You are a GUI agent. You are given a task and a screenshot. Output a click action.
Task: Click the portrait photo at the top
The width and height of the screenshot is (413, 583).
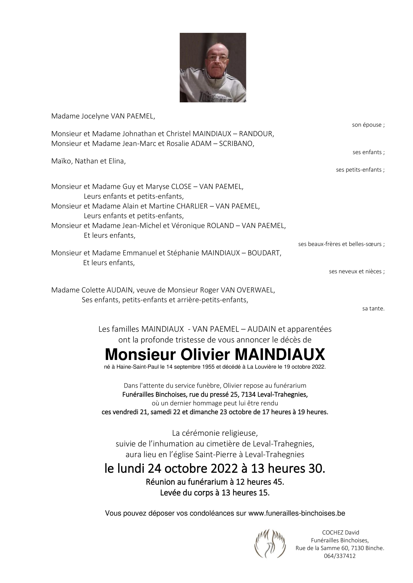point(213,67)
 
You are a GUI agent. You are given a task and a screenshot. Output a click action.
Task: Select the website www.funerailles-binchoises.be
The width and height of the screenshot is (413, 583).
point(296,513)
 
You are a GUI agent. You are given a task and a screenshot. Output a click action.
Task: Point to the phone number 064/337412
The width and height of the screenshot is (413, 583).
point(340,556)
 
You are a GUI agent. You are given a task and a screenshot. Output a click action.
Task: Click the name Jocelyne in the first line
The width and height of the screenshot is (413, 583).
point(95,116)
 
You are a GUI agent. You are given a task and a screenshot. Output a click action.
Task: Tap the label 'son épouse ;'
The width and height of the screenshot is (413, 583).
point(368,125)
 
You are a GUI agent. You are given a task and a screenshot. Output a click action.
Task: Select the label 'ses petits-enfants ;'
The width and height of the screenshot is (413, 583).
point(360,170)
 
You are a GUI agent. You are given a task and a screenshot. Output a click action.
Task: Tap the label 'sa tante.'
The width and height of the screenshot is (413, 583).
point(373,308)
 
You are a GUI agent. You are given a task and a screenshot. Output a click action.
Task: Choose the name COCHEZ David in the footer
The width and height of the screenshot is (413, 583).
point(340,533)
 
